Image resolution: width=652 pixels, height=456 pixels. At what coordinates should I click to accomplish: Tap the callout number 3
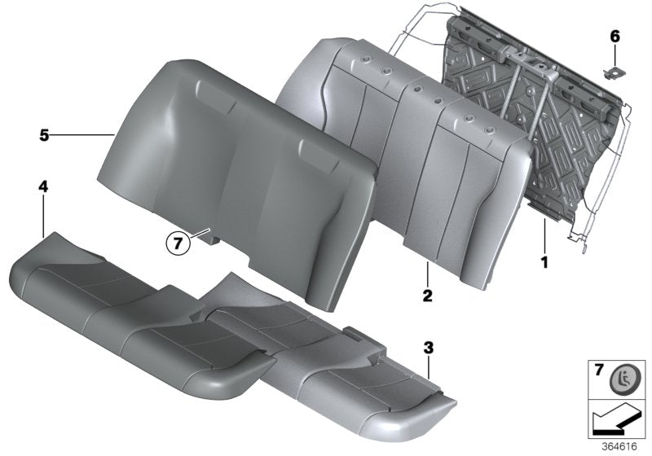tap(429, 349)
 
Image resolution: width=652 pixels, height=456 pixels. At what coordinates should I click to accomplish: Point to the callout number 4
tap(43, 188)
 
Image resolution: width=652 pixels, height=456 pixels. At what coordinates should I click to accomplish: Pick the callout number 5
tap(44, 134)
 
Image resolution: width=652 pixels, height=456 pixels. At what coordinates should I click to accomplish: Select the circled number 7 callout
tap(178, 242)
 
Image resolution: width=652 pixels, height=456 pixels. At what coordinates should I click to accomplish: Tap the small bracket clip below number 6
tap(611, 71)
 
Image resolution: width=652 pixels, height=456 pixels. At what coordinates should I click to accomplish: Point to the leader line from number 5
tap(81, 134)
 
